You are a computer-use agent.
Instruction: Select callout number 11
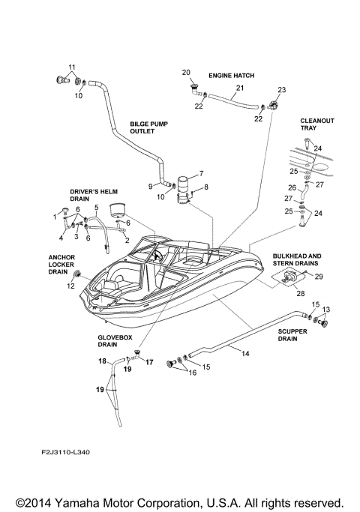[72, 68]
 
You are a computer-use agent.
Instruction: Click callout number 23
[282, 90]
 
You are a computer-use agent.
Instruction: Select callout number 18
[102, 361]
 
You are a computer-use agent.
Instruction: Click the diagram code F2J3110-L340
[72, 453]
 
